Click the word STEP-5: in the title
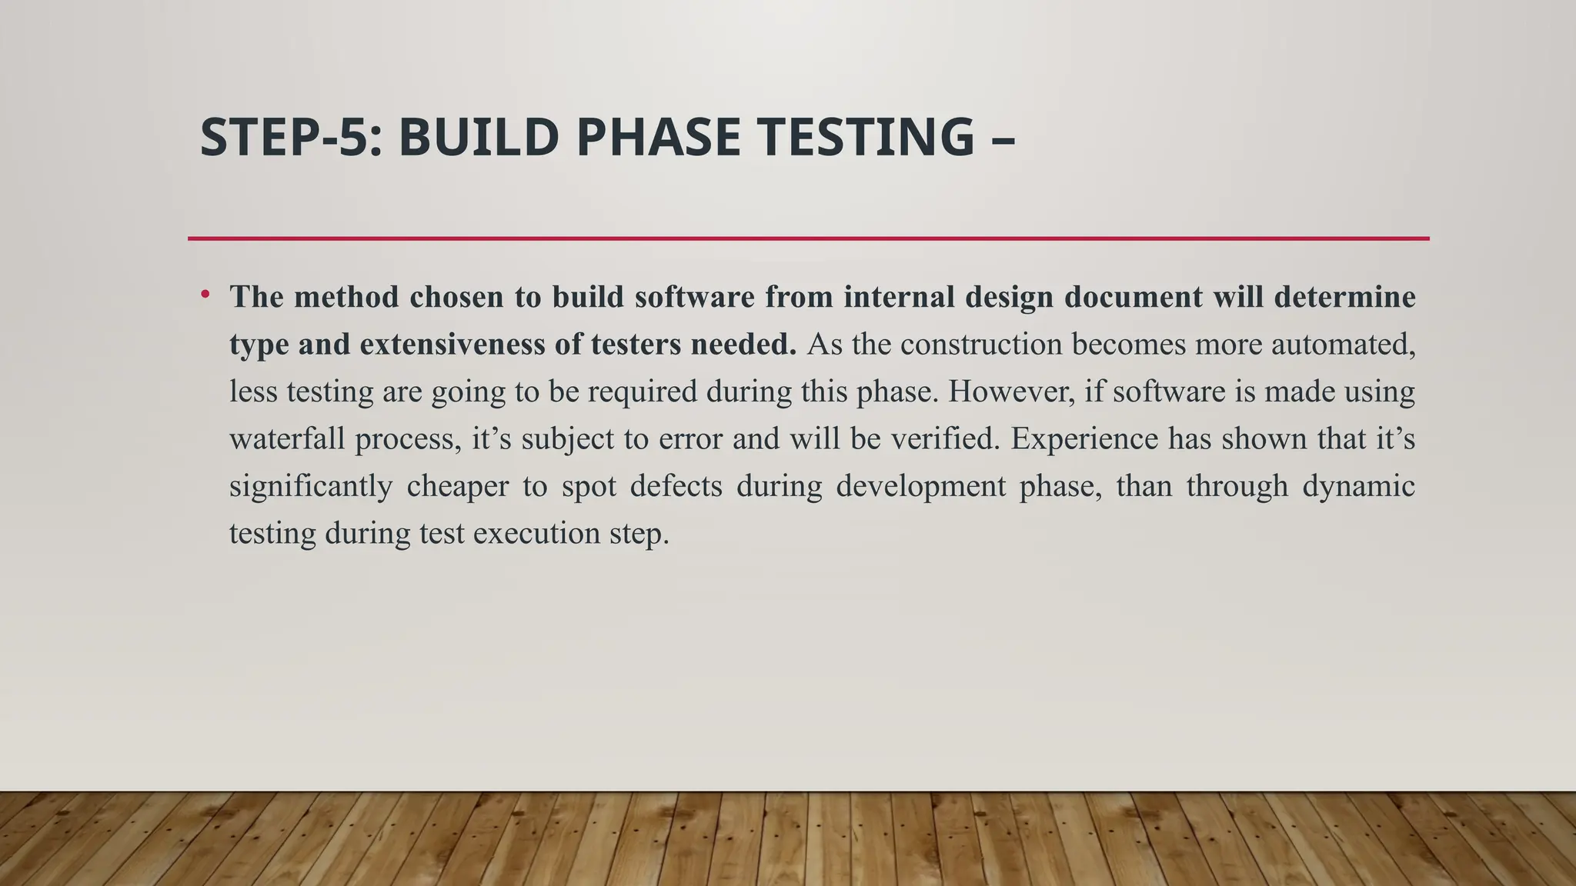(x=291, y=138)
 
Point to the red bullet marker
(x=205, y=295)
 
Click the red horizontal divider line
(x=808, y=238)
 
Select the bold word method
(x=346, y=297)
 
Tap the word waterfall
(x=287, y=439)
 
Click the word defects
(x=676, y=487)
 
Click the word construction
(x=980, y=345)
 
